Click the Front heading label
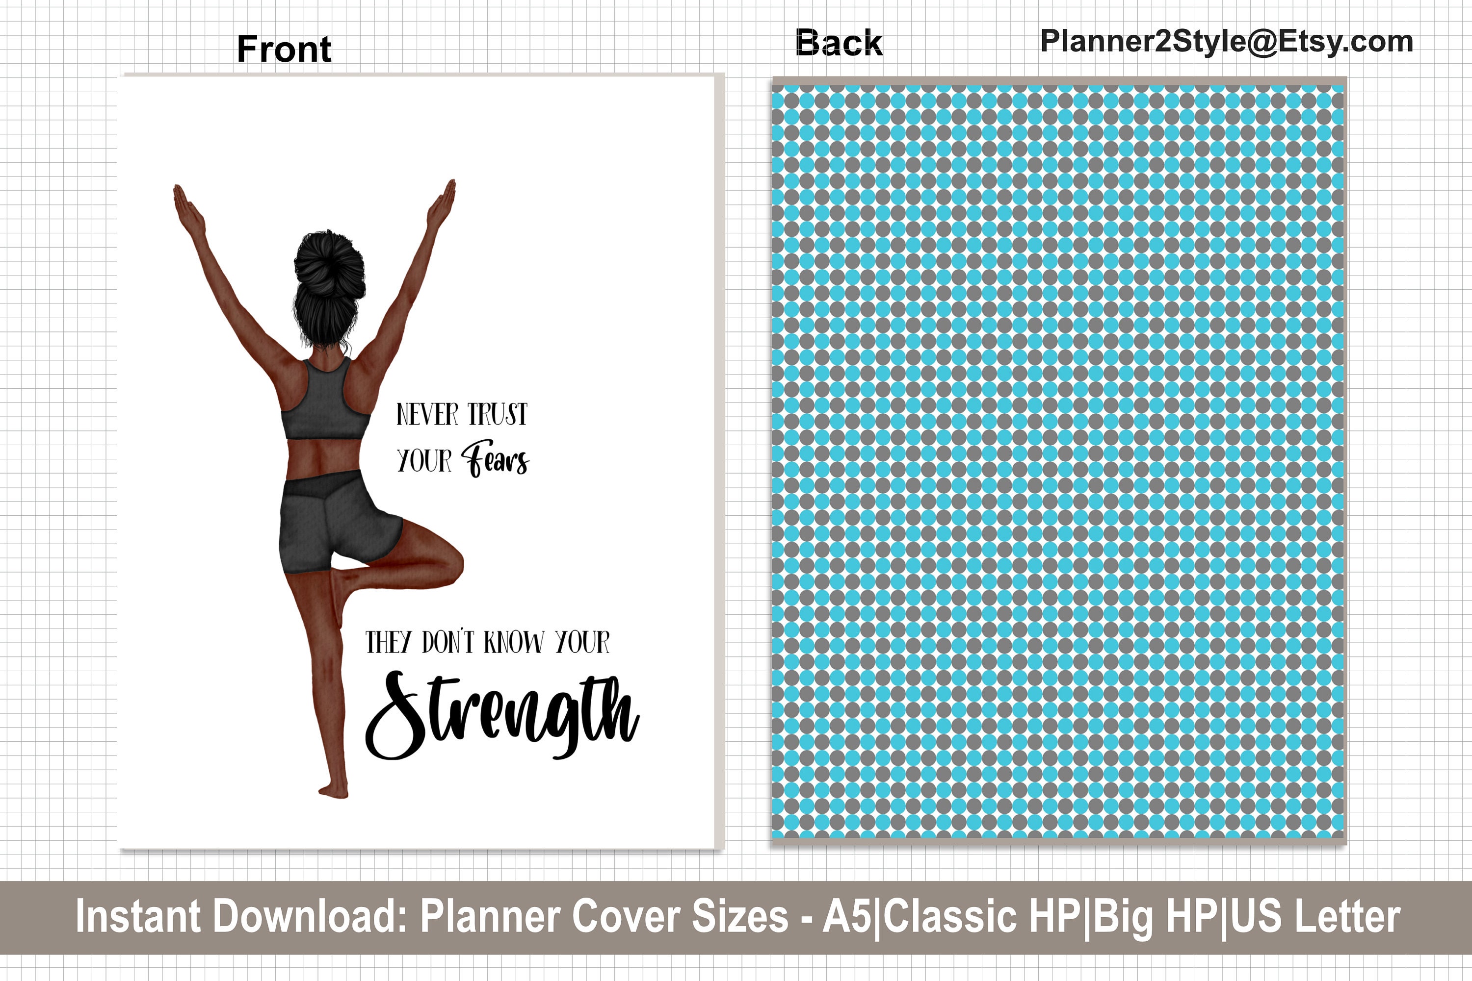tap(284, 49)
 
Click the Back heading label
tap(839, 43)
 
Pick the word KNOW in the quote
tap(513, 643)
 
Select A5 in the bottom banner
tap(846, 917)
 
